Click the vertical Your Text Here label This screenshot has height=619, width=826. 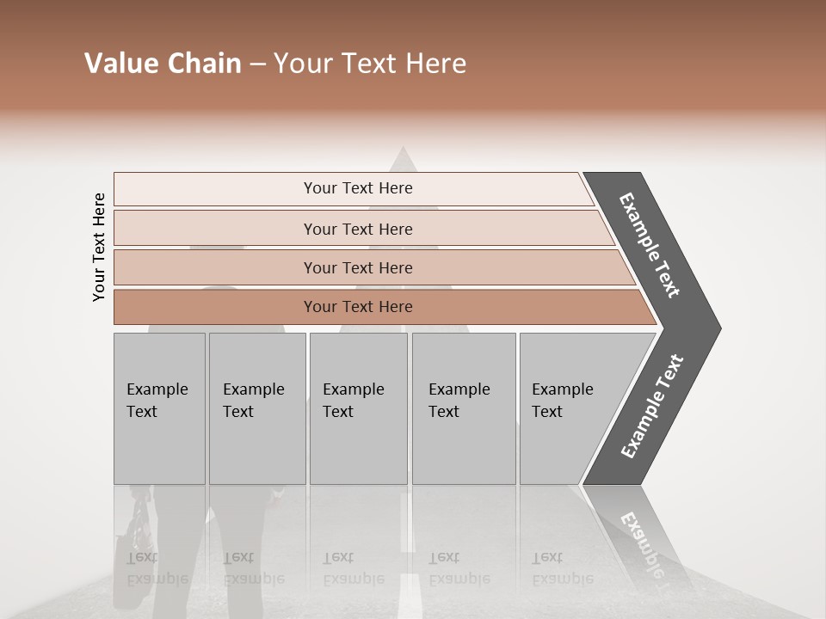[99, 247]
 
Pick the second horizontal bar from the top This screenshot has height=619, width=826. [358, 229]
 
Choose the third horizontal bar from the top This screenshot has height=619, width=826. [358, 267]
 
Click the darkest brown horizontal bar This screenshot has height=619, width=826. [358, 307]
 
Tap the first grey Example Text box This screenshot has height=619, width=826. [159, 408]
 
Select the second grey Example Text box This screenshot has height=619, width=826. [256, 408]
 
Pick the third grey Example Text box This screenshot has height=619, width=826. [358, 408]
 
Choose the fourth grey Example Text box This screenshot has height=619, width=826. [463, 408]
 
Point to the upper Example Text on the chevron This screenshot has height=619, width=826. [650, 245]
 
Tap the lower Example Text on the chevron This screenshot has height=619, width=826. [651, 407]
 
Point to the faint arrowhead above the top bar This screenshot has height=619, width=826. [400, 160]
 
